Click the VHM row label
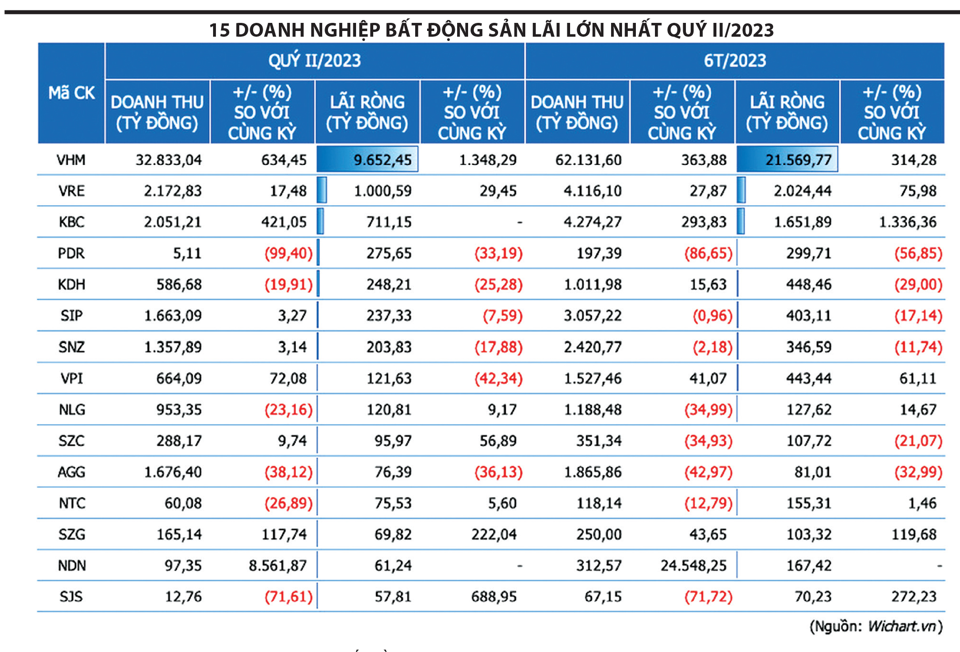[x=71, y=160]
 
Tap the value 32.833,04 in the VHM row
[x=168, y=160]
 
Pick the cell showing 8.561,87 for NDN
[x=277, y=566]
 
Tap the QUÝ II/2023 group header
[x=315, y=61]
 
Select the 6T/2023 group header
[x=735, y=61]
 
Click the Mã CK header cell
[x=71, y=93]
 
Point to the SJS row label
[x=71, y=597]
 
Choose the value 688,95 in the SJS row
[x=494, y=597]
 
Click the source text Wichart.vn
[x=902, y=626]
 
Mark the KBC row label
[x=71, y=222]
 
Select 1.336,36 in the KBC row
[x=908, y=222]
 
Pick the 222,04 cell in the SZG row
[x=494, y=534]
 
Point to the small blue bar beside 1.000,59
[x=322, y=190]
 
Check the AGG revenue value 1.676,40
[x=173, y=472]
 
